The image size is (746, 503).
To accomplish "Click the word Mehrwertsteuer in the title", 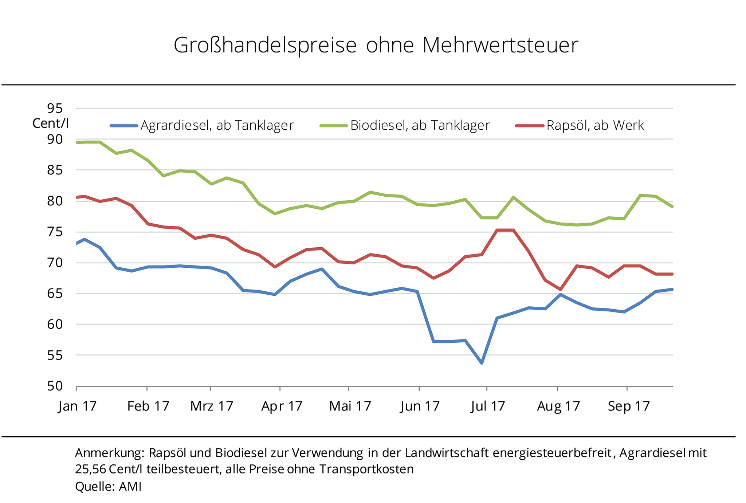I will pos(500,45).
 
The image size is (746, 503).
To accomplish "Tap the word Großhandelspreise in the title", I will pos(265,46).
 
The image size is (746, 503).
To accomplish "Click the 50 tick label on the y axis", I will pos(55,386).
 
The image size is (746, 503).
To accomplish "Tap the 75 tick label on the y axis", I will pos(55,232).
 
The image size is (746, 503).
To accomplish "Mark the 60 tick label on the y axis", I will pos(55,324).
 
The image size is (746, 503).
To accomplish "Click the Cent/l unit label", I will pos(51,123).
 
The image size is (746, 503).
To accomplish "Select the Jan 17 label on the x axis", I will pos(77,406).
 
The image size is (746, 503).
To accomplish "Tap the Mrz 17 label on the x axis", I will pos(212,406).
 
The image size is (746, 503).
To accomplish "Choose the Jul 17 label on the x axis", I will pos(488,406).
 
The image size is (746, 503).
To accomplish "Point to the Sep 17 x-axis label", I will pos(629,406).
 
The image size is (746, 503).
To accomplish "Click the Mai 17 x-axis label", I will pos(350,406).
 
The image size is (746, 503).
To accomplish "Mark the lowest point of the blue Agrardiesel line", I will pos(482,363).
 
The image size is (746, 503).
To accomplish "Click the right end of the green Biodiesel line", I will pos(672,207).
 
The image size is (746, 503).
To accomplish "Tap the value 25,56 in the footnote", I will pos(91,469).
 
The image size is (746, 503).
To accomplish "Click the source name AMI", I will pos(130,487).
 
